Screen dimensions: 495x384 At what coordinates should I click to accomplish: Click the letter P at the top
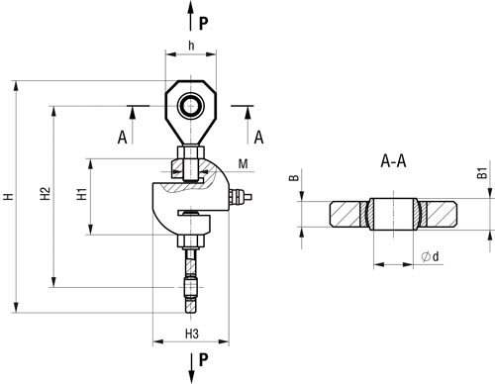click(204, 23)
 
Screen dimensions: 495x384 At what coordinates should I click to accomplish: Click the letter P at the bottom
click(204, 359)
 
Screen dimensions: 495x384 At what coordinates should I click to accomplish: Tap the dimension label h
click(191, 46)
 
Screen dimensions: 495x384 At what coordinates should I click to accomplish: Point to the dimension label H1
click(81, 194)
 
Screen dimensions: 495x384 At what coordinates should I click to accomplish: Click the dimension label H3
click(192, 334)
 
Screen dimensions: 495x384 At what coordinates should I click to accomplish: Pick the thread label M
click(244, 163)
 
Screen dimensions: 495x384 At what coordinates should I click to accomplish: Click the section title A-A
click(393, 161)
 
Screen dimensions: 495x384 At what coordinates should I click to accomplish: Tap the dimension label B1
click(482, 173)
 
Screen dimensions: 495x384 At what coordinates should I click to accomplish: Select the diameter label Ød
click(431, 256)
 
